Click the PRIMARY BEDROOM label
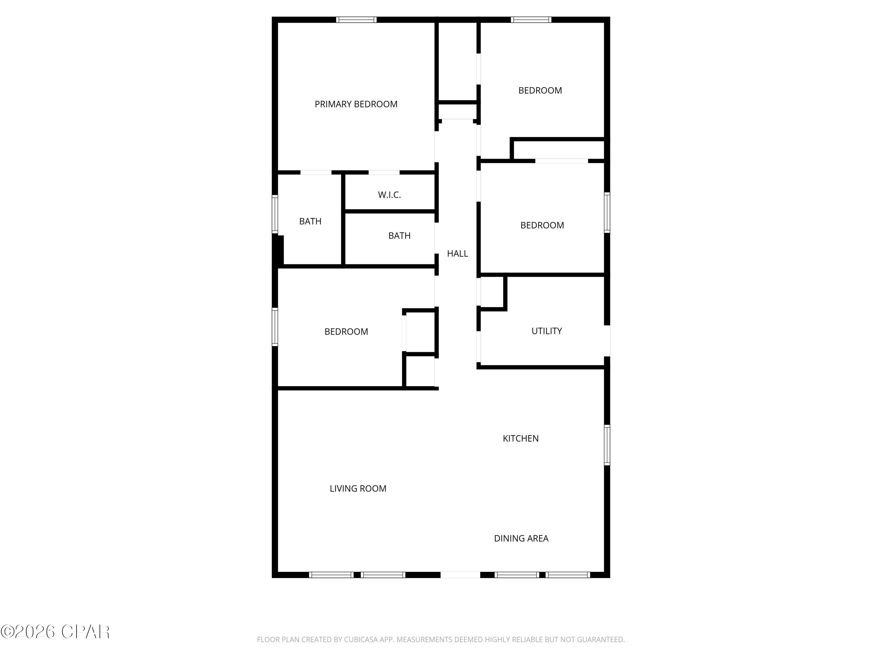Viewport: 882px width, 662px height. pyautogui.click(x=356, y=104)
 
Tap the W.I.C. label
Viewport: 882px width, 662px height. pyautogui.click(x=389, y=195)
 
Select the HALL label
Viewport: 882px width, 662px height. pyautogui.click(x=457, y=253)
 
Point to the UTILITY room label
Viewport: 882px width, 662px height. pyautogui.click(x=547, y=331)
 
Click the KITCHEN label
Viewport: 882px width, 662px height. pyautogui.click(x=520, y=438)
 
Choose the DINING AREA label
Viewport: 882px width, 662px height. pyautogui.click(x=521, y=538)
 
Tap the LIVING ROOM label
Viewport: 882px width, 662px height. pyautogui.click(x=358, y=488)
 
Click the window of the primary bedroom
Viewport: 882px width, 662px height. pyautogui.click(x=356, y=19)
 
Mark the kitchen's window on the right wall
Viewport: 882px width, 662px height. pyautogui.click(x=607, y=445)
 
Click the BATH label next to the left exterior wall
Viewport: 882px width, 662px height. pyautogui.click(x=310, y=221)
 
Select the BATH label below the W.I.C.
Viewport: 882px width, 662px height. pyautogui.click(x=399, y=235)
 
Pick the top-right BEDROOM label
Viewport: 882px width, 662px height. pyautogui.click(x=540, y=91)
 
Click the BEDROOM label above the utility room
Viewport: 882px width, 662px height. pyautogui.click(x=542, y=225)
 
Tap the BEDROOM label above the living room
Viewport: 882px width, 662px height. pyautogui.click(x=346, y=332)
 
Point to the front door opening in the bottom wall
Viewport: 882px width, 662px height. pyautogui.click(x=460, y=575)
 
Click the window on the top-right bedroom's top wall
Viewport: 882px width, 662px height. pyautogui.click(x=531, y=19)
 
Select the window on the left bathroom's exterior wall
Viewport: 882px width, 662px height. pyautogui.click(x=275, y=214)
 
